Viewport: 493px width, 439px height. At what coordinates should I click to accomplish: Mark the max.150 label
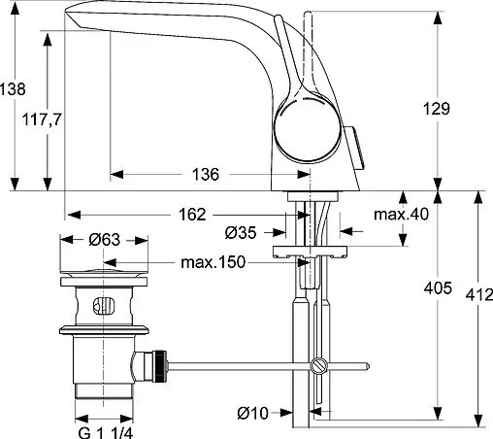213,262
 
